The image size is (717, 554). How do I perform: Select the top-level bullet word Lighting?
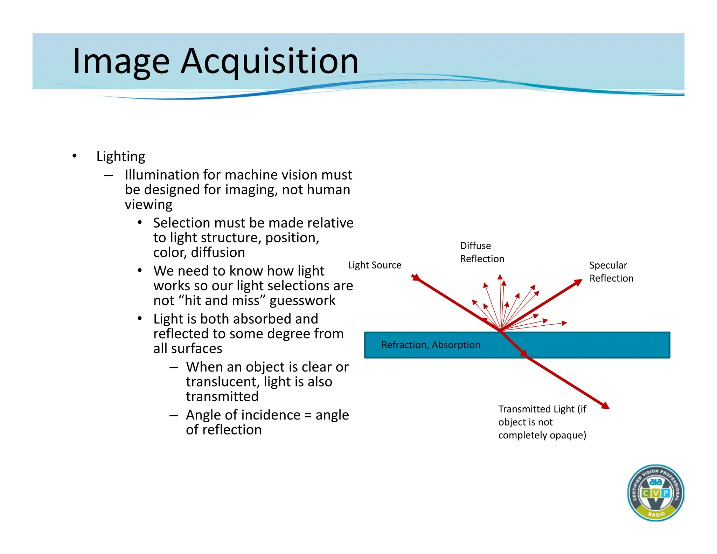[120, 156]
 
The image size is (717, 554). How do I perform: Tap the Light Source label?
[374, 265]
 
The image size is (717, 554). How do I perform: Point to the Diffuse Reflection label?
[482, 252]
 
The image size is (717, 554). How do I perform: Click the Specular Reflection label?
[611, 272]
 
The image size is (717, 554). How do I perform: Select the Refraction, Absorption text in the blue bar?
[431, 345]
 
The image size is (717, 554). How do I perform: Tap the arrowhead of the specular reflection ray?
[578, 282]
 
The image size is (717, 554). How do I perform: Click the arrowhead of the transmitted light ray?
[606, 406]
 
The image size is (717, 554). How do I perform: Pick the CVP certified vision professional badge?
[655, 493]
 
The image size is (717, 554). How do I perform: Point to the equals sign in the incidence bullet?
[308, 415]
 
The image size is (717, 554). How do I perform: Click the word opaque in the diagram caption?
[566, 435]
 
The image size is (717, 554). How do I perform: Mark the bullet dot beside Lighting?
[74, 156]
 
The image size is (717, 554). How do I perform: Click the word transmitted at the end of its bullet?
[222, 396]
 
